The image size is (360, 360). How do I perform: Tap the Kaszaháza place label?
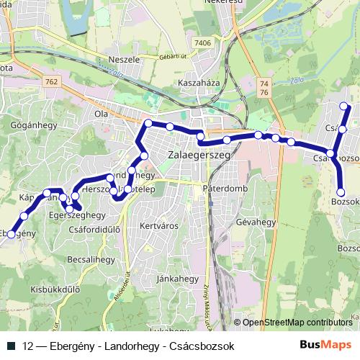pos(199,83)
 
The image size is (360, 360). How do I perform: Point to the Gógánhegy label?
pos(30,124)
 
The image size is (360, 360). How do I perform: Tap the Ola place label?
pos(100,113)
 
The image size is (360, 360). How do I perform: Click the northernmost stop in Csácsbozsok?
pos(344,107)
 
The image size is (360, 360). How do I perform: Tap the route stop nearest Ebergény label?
pos(10,234)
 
